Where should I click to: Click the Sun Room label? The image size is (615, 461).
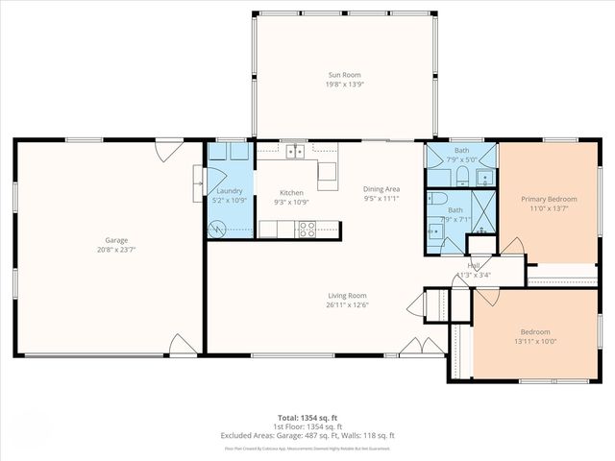point(339,73)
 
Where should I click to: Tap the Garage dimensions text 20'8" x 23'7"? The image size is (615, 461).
point(116,250)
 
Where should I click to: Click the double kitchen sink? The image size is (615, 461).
point(295,151)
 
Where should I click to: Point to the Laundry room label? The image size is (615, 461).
point(230,191)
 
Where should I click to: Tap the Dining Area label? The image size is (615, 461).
point(381,189)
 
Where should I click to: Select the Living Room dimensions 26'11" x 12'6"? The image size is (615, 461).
point(347,305)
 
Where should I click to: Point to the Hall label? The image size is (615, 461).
point(474,265)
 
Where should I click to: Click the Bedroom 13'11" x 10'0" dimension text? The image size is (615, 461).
point(535,341)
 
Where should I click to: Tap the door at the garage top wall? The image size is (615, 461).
point(169,150)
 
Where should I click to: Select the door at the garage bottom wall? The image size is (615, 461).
point(183,345)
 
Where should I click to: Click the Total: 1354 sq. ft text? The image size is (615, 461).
point(307,418)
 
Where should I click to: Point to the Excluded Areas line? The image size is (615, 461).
point(307,435)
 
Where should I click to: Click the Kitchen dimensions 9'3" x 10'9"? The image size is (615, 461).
point(291,203)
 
